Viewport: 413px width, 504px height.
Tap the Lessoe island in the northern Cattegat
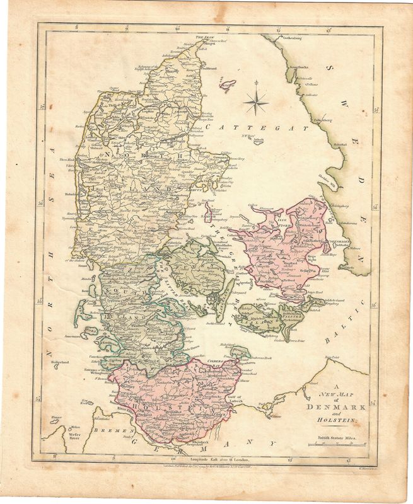pyautogui.click(x=224, y=83)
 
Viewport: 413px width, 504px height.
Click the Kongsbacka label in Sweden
pyautogui.click(x=298, y=66)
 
